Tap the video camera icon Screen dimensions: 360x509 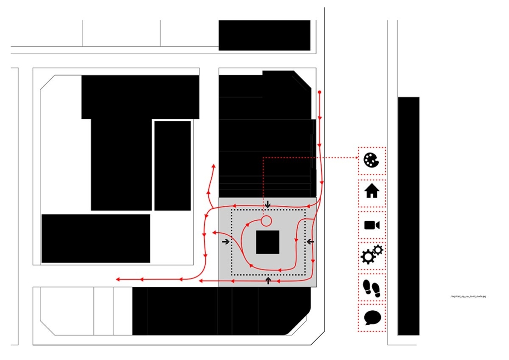(x=372, y=225)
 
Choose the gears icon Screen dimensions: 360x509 (x=371, y=255)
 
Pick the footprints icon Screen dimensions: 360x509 (x=372, y=287)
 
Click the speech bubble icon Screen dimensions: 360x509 (x=372, y=317)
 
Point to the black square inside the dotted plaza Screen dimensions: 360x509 (x=268, y=243)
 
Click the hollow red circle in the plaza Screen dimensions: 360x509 (x=266, y=221)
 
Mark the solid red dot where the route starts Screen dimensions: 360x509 (x=320, y=92)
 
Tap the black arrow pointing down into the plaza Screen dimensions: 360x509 (x=268, y=204)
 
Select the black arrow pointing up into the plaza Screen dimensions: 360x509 (x=268, y=281)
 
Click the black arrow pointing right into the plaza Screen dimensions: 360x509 (x=226, y=242)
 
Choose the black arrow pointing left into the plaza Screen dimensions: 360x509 (x=310, y=242)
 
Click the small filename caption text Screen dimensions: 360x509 (x=468, y=296)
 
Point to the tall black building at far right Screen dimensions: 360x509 (x=409, y=216)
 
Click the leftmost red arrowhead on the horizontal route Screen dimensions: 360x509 (x=118, y=280)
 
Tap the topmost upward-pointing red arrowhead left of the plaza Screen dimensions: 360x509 (x=214, y=166)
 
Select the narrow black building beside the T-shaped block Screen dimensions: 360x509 (x=172, y=166)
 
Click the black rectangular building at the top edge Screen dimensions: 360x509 (x=264, y=35)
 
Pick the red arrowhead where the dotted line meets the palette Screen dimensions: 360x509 (x=356, y=157)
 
